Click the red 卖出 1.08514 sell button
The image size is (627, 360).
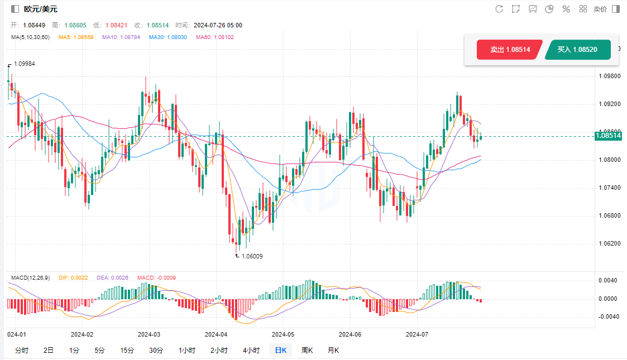509,50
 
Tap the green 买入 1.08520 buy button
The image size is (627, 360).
577,50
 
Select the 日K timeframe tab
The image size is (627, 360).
280,351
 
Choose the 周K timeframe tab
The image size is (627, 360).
307,351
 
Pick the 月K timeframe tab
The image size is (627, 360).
333,351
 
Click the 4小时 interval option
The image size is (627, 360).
251,351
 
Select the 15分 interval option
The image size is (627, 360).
127,351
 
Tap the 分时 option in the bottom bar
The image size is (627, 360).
22,351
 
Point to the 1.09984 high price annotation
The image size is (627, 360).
24,64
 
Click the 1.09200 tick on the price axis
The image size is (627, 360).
609,104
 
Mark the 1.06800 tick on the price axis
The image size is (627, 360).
609,215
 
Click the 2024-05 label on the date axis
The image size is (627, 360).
283,334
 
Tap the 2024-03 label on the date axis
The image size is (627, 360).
149,334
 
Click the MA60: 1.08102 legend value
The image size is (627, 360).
215,37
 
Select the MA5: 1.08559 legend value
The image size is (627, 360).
75,37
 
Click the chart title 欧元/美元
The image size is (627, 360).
40,9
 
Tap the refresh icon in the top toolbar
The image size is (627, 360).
499,9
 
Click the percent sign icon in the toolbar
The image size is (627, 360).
566,9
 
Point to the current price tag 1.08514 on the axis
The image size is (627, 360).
609,136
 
